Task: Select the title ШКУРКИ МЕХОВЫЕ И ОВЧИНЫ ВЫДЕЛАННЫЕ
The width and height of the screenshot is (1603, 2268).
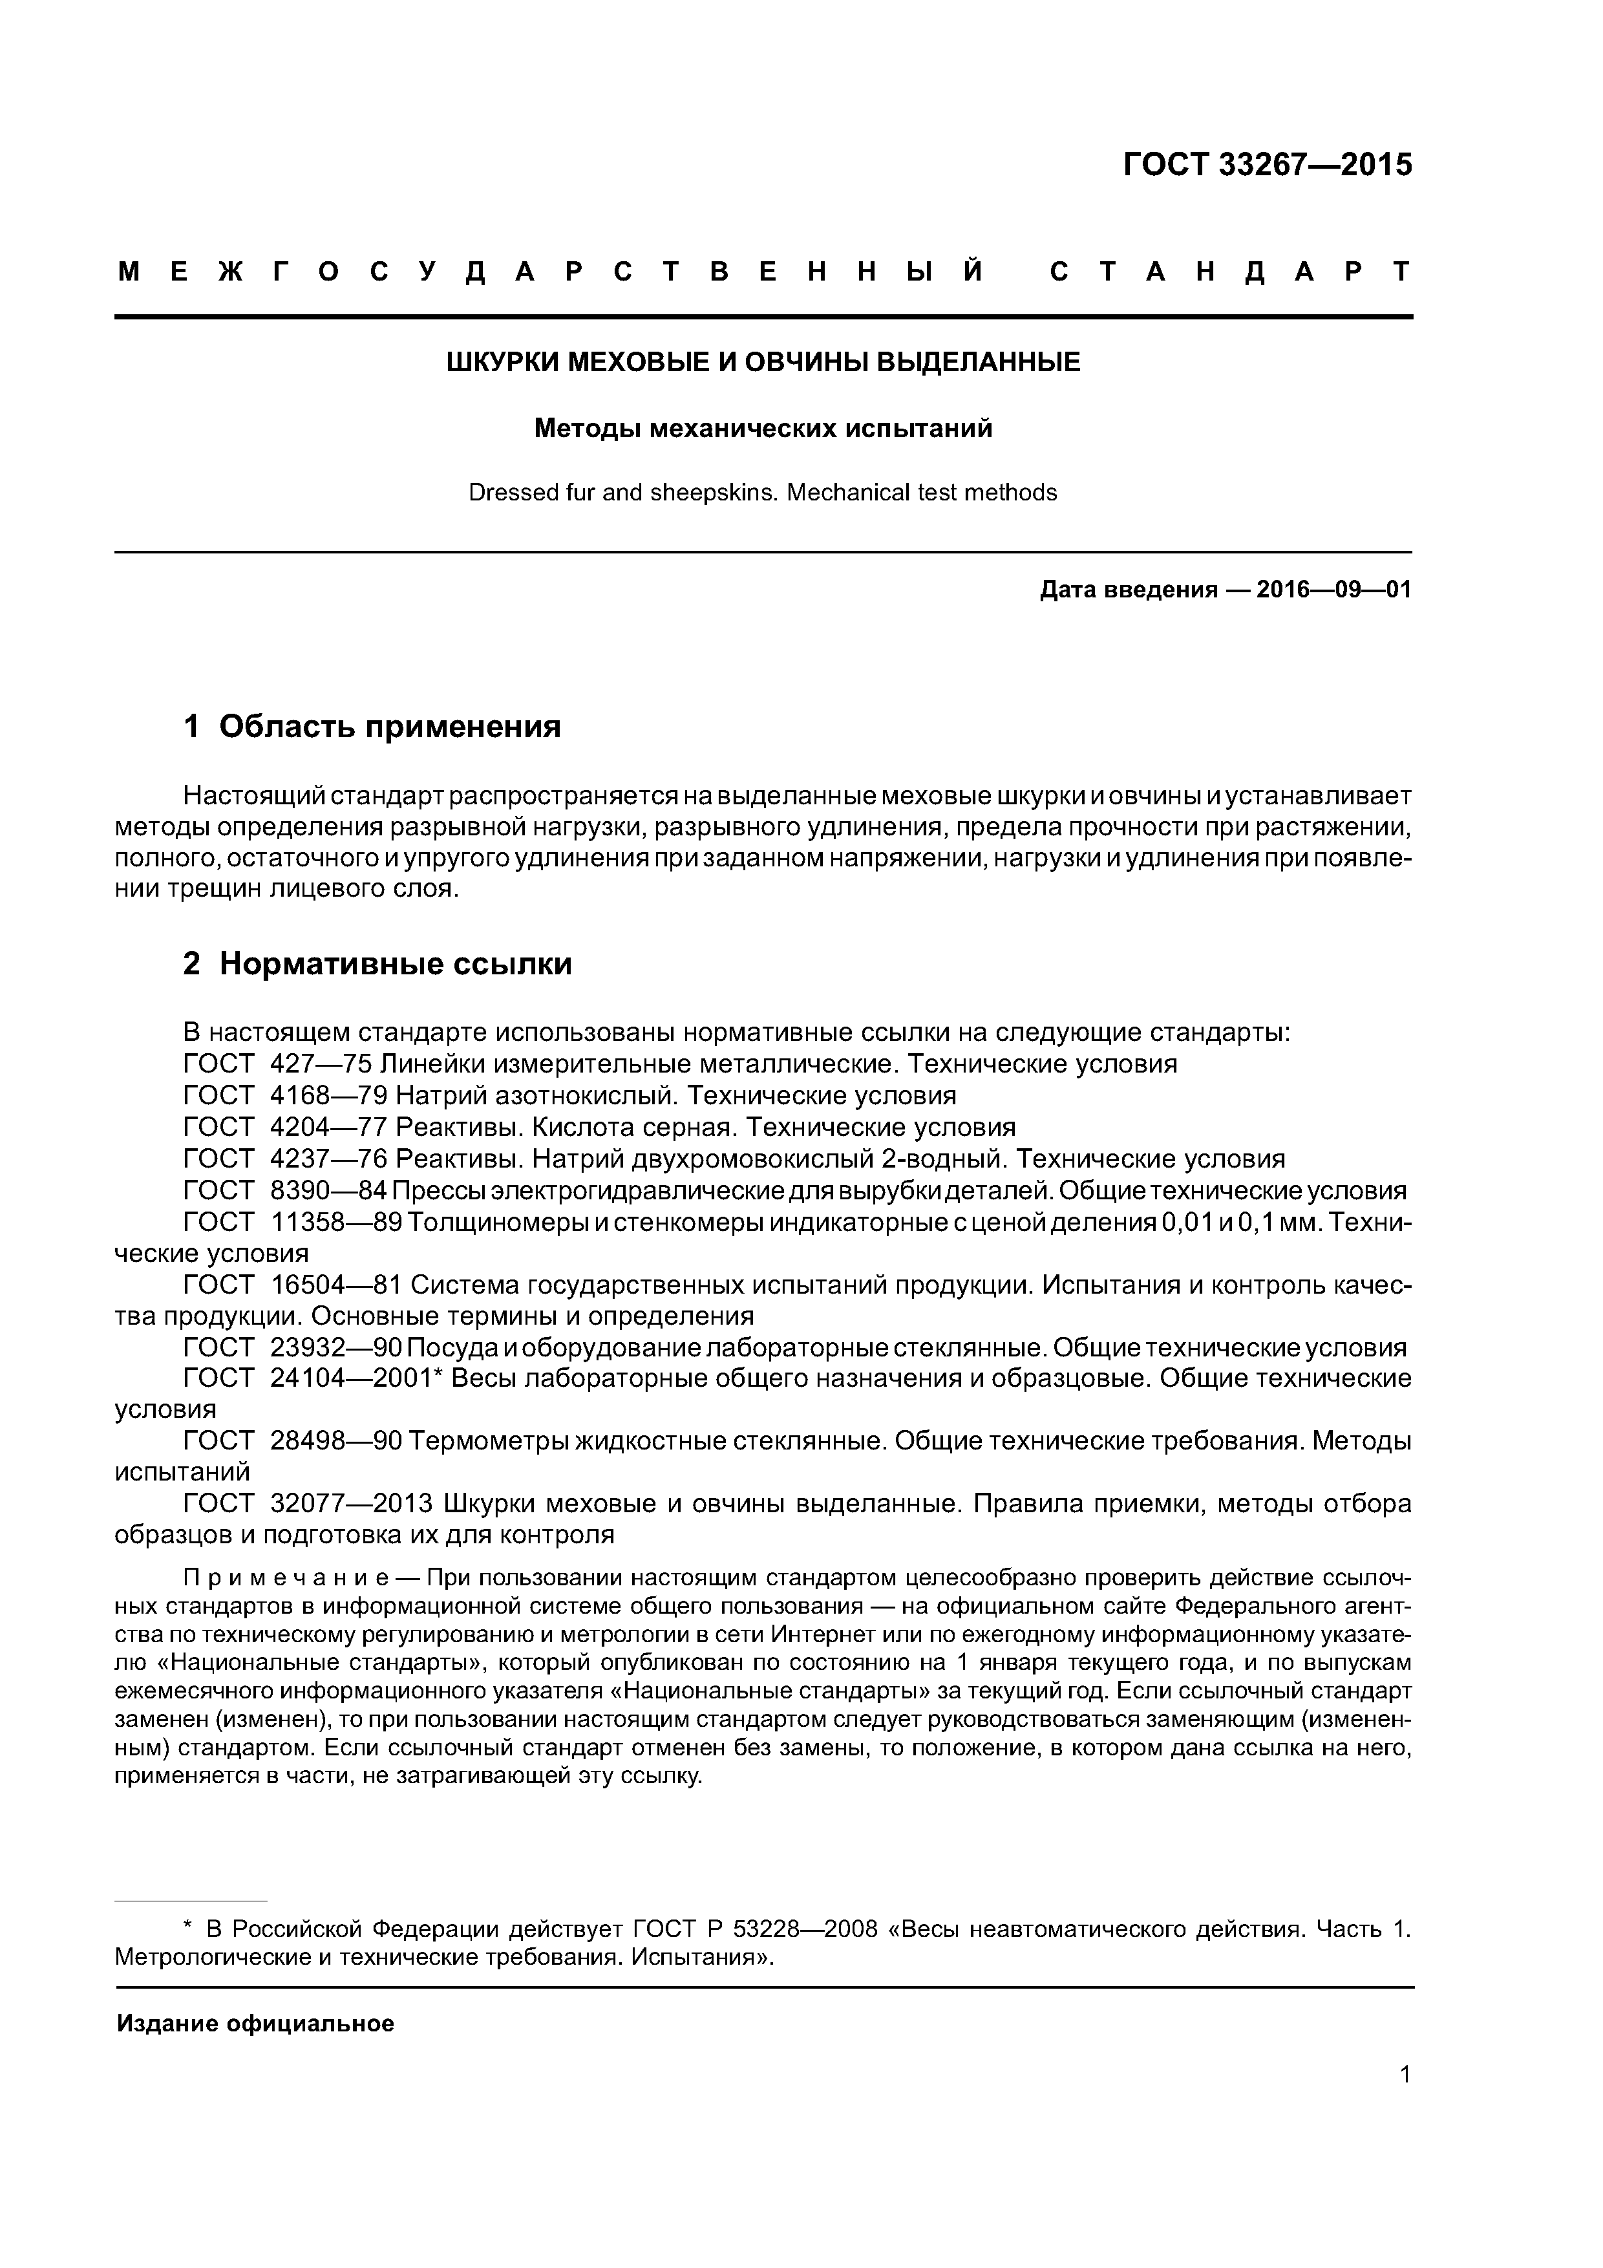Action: [x=763, y=363]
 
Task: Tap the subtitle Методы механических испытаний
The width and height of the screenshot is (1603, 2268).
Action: [x=763, y=429]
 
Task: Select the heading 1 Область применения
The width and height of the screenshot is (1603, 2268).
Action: [x=372, y=727]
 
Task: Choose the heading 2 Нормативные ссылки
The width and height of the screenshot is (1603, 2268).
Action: [x=377, y=963]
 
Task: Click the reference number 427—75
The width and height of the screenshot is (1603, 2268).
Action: [x=321, y=1064]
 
